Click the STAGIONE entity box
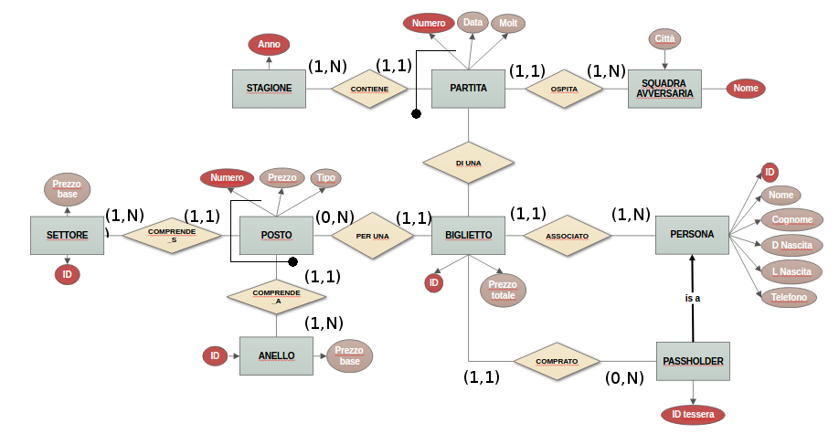(269, 89)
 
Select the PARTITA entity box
(468, 89)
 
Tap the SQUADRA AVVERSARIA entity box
(664, 89)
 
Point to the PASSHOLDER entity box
(693, 362)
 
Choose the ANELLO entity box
(276, 356)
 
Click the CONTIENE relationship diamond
(368, 90)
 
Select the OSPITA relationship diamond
(564, 89)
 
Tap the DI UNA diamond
(468, 163)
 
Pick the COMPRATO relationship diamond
(557, 361)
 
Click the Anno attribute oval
(269, 44)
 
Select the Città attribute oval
(664, 38)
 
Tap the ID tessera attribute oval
(693, 415)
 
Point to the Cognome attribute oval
(791, 219)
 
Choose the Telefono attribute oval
(789, 297)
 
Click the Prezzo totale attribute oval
(503, 290)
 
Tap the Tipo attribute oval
(326, 177)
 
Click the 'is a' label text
(692, 298)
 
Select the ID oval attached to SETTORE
(66, 273)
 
